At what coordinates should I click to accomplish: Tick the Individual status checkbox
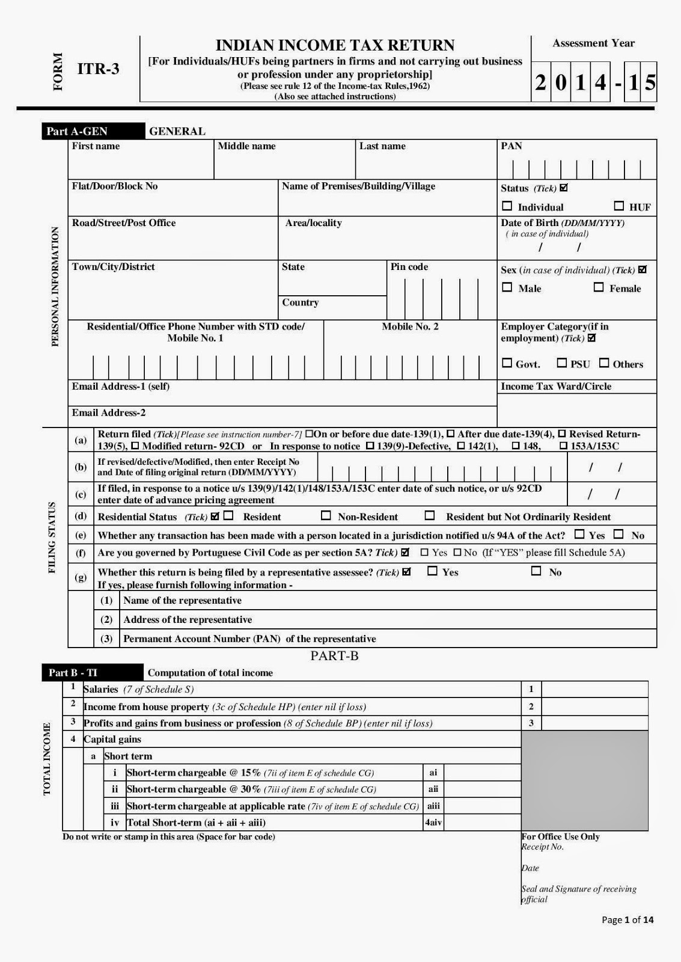coord(507,206)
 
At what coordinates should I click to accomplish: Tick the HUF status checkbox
coord(619,206)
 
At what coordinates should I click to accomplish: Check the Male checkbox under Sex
coord(507,287)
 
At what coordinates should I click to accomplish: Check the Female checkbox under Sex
coord(599,287)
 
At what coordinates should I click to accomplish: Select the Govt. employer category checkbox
coord(507,363)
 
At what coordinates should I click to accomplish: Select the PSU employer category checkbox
coord(562,363)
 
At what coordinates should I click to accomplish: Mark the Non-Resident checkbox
coord(326,516)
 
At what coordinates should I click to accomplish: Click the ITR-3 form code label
coord(99,69)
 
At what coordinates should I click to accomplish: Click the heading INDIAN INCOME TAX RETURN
coord(335,46)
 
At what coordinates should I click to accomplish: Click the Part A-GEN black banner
coord(93,131)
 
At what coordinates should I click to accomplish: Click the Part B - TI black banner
coord(93,673)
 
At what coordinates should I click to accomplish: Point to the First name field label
coord(96,146)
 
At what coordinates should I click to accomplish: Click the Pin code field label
coord(409,267)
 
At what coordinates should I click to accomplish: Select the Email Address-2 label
coord(109,413)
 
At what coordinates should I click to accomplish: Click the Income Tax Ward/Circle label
coord(556,387)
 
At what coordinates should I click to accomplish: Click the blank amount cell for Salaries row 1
coord(594,690)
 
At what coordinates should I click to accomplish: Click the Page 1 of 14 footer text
coord(628,920)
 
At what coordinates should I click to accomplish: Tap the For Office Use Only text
coord(561,837)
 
